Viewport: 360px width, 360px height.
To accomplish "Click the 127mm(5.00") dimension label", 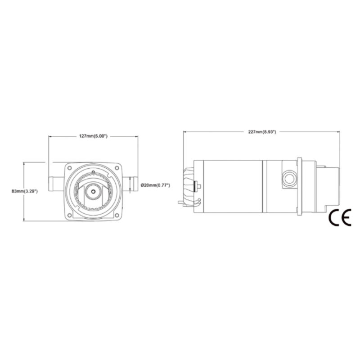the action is click(93, 136).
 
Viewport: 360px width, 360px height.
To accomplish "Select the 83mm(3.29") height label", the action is click(25, 191).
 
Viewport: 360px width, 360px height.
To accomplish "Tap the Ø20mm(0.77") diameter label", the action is click(155, 185).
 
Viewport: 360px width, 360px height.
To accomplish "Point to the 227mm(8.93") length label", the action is click(262, 132).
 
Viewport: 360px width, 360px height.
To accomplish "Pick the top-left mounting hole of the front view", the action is click(70, 168).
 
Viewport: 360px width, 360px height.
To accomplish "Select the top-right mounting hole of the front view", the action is click(117, 168).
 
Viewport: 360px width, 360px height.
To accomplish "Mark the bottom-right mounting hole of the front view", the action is click(117, 215).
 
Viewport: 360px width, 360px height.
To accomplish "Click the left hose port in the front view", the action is click(57, 184).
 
